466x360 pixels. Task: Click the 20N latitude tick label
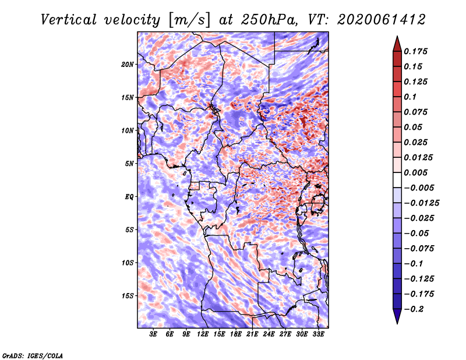pyautogui.click(x=127, y=65)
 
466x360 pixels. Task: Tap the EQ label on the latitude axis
pyautogui.click(x=129, y=197)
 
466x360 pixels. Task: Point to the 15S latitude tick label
pyautogui.click(x=127, y=296)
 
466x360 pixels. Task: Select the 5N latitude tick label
pyautogui.click(x=129, y=164)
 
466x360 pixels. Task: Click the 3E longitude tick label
pyautogui.click(x=153, y=334)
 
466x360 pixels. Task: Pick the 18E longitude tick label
pyautogui.click(x=236, y=334)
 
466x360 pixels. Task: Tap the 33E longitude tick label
pyautogui.click(x=318, y=334)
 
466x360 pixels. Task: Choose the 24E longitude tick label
pyautogui.click(x=269, y=334)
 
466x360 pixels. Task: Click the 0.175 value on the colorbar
pyautogui.click(x=415, y=51)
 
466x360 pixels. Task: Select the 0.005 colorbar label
pyautogui.click(x=415, y=172)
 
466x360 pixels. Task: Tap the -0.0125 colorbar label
pyautogui.click(x=422, y=203)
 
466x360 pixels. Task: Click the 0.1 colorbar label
pyautogui.click(x=410, y=97)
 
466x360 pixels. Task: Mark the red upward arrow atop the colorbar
pyautogui.click(x=397, y=44)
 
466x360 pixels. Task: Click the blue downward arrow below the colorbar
pyautogui.click(x=397, y=316)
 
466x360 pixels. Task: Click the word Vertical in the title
pyautogui.click(x=69, y=20)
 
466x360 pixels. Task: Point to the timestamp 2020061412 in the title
pyautogui.click(x=382, y=20)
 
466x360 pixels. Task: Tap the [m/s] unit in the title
pyautogui.click(x=189, y=20)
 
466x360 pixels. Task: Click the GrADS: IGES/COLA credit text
pyautogui.click(x=33, y=355)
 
